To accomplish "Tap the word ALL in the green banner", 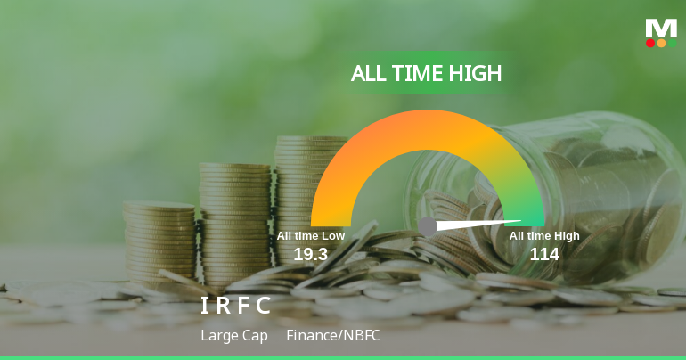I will [370, 73].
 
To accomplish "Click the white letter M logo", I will [661, 28].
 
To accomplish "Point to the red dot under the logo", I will [650, 43].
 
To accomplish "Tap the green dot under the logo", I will [672, 43].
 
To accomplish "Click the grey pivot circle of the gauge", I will [428, 226].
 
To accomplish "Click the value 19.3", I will [311, 254].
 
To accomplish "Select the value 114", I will [544, 254].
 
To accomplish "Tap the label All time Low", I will [310, 236].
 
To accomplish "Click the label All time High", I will [544, 236].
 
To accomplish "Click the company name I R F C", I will [235, 306].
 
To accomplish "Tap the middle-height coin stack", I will [234, 214].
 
